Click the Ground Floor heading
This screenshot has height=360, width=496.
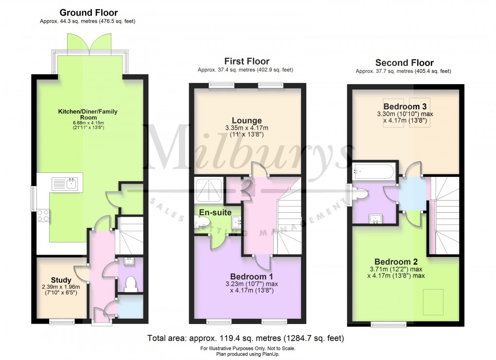point(88,13)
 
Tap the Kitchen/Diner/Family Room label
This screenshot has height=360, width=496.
point(88,115)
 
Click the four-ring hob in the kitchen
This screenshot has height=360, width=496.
point(43,215)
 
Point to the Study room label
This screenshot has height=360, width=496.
point(61,280)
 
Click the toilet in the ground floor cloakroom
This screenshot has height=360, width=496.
point(130,283)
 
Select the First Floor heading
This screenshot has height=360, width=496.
point(247,61)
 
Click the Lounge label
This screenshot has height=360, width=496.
point(247,120)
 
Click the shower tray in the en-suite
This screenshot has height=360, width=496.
point(209,190)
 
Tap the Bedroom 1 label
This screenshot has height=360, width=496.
point(247,276)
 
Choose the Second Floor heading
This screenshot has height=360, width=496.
point(404,63)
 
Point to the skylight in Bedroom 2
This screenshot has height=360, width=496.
point(433,302)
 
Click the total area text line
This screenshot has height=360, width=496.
point(246,338)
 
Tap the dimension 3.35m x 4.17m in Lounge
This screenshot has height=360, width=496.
point(247,129)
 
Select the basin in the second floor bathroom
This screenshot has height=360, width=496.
point(375,219)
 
